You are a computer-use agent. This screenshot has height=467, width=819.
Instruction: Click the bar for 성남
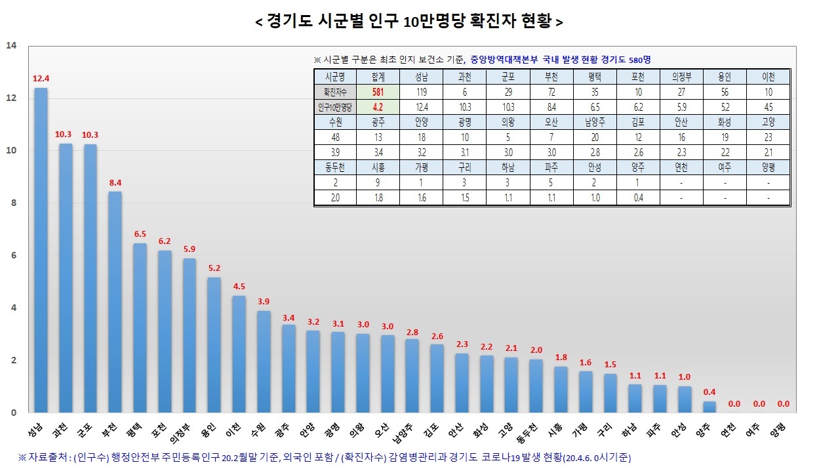pyautogui.click(x=41, y=249)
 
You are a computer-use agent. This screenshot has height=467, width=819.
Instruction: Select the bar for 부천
pyautogui.click(x=115, y=302)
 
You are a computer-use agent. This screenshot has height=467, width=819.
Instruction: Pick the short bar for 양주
pyautogui.click(x=709, y=407)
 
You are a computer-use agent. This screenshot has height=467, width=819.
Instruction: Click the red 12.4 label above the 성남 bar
pyautogui.click(x=41, y=79)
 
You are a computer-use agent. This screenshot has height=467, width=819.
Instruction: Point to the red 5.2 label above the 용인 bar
pyautogui.click(x=214, y=268)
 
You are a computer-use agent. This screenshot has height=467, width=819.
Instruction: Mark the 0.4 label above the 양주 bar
pyautogui.click(x=709, y=392)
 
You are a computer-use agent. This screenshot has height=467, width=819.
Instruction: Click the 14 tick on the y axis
pyautogui.click(x=11, y=46)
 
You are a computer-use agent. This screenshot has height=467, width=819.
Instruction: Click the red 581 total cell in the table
pyautogui.click(x=378, y=92)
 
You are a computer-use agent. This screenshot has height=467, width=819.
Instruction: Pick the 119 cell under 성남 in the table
pyautogui.click(x=421, y=92)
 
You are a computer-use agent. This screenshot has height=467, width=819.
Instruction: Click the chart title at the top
pyautogui.click(x=409, y=22)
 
